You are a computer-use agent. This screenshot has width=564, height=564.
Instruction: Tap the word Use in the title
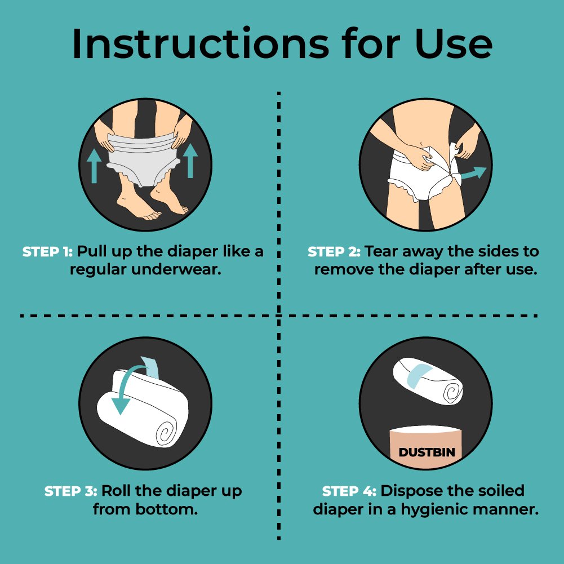(454, 43)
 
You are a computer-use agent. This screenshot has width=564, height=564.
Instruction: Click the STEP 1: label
(47, 252)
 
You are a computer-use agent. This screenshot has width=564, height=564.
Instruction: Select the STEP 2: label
(334, 252)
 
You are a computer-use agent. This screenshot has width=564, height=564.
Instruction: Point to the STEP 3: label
(70, 491)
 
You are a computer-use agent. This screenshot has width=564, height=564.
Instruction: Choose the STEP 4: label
(349, 491)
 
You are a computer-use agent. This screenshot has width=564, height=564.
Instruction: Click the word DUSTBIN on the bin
(427, 452)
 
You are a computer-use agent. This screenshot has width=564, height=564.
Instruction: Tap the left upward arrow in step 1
(94, 166)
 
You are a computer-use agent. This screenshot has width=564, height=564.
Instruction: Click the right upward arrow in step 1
(190, 161)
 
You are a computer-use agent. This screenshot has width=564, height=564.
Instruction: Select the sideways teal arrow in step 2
(474, 174)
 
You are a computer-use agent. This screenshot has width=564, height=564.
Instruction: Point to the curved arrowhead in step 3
(120, 406)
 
